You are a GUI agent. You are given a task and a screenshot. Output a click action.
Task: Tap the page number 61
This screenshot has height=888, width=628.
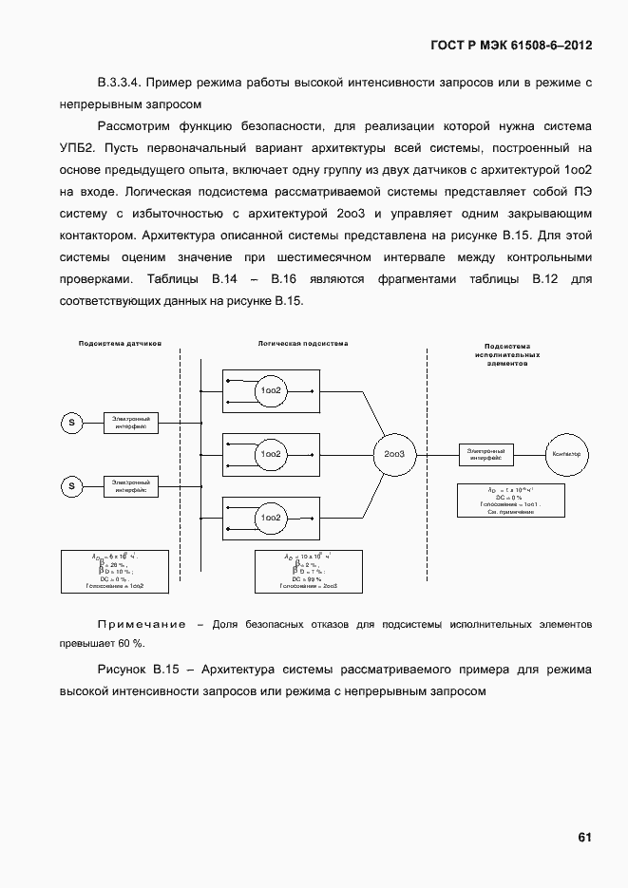pyautogui.click(x=584, y=837)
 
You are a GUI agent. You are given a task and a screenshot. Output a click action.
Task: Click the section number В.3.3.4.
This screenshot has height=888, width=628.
pyautogui.click(x=121, y=83)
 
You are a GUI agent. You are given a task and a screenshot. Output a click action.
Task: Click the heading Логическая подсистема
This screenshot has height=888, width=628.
pyautogui.click(x=303, y=343)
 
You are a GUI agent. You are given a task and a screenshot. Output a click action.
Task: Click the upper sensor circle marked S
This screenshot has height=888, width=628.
pyautogui.click(x=71, y=422)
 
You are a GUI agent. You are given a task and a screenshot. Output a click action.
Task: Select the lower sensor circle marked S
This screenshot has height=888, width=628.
pyautogui.click(x=71, y=486)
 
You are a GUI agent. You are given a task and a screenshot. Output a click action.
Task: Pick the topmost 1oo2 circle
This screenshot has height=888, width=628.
pyautogui.click(x=270, y=390)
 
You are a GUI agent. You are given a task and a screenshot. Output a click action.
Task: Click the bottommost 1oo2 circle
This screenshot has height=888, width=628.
pyautogui.click(x=270, y=518)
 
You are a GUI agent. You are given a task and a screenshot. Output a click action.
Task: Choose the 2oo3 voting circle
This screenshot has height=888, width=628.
pyautogui.click(x=394, y=455)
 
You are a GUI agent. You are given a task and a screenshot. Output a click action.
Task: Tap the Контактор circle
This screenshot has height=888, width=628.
pyautogui.click(x=566, y=455)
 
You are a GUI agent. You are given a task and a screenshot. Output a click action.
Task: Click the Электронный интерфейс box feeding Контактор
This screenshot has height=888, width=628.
pyautogui.click(x=485, y=454)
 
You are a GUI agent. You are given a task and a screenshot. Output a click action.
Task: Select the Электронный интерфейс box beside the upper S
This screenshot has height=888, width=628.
pyautogui.click(x=130, y=422)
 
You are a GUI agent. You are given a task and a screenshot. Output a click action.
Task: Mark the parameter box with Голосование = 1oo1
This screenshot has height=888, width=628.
pyautogui.click(x=511, y=500)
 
